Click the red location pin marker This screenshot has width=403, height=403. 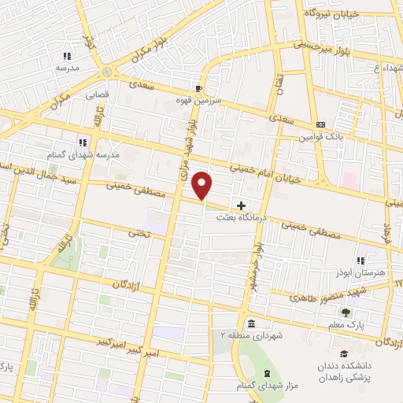click(203, 185)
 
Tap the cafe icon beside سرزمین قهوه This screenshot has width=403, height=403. click(199, 88)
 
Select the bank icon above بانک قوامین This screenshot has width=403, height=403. click(320, 125)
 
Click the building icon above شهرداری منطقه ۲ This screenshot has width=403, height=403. click(250, 324)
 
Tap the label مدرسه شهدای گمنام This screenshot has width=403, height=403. click(83, 155)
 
